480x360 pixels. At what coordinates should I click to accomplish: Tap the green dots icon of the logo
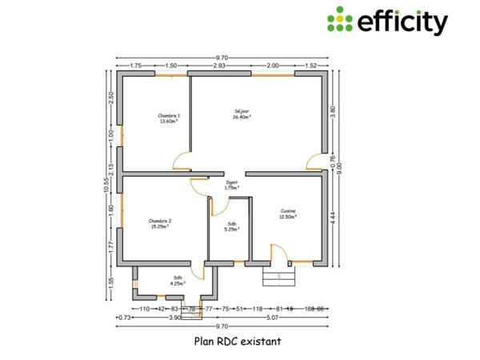[x=340, y=19]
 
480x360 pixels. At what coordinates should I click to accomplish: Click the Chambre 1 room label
[x=169, y=118]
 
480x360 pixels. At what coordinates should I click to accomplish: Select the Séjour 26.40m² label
[x=242, y=114]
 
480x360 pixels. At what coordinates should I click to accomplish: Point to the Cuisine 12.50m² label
[x=287, y=214]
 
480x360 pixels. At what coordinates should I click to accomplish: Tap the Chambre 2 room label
[x=160, y=223]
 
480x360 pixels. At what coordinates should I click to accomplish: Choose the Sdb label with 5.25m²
[x=231, y=226]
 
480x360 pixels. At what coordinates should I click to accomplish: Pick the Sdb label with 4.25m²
[x=176, y=280]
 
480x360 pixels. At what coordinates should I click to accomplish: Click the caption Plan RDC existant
[x=238, y=340]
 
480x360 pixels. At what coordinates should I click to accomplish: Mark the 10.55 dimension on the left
[x=106, y=186]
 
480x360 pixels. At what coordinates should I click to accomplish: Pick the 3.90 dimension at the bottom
[x=174, y=318]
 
